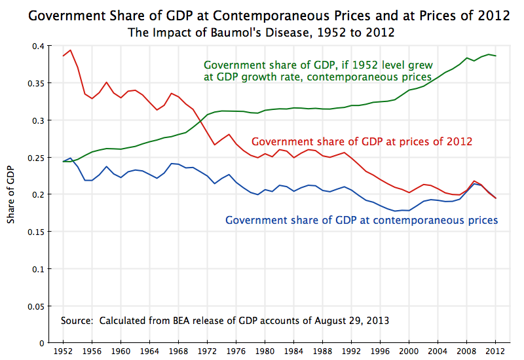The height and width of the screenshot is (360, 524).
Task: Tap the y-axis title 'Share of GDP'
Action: tap(11, 194)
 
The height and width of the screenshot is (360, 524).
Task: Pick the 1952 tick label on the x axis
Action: tap(63, 351)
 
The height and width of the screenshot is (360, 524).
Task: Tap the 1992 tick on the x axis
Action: tap(351, 351)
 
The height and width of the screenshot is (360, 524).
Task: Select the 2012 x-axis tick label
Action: tap(495, 351)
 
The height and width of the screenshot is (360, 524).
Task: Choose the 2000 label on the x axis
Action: tap(409, 351)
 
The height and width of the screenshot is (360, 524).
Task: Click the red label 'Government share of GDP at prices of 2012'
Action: tap(362, 141)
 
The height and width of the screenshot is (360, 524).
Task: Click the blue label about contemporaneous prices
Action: tap(362, 221)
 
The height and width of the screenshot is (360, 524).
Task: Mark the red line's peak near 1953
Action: tap(70, 50)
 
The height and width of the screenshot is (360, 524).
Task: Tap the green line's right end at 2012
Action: tap(495, 56)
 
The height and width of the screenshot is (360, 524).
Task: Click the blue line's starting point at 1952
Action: tap(63, 161)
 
